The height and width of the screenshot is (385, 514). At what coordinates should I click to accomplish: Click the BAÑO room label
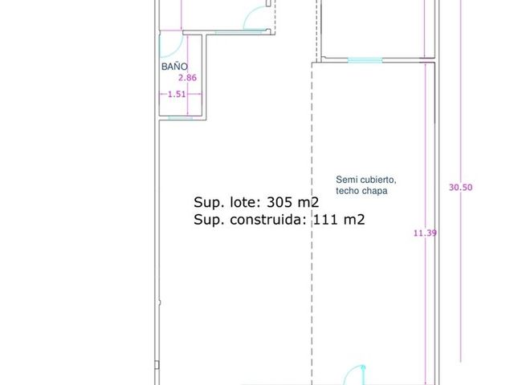coord(174,67)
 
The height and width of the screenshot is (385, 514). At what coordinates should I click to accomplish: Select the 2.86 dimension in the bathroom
coord(187,78)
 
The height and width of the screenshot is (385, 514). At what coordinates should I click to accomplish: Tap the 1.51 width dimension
coord(177,95)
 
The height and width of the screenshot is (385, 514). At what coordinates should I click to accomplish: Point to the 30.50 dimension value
coord(460,187)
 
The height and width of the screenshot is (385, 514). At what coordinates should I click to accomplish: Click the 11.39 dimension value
coord(425,233)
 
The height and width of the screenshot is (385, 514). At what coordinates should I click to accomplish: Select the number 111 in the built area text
coord(325,219)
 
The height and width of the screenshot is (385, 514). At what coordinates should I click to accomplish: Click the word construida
coord(268,219)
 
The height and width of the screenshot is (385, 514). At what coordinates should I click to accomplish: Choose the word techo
coord(347,191)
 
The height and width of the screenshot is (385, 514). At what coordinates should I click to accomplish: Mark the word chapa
coord(374,191)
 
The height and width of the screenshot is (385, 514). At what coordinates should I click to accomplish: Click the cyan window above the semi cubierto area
coord(365,60)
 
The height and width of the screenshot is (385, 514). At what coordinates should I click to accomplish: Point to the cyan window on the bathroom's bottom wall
coord(180,118)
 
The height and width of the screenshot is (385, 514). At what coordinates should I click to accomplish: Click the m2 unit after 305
coord(308,202)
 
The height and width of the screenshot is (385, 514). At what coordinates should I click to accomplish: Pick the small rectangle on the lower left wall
coord(157,365)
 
